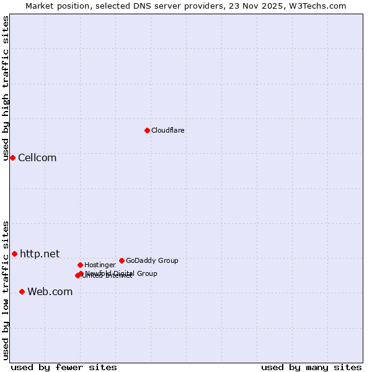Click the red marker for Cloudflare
tap(147, 130)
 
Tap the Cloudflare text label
tap(167, 131)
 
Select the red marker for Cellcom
tap(12, 157)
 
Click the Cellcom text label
tap(37, 158)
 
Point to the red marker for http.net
tap(14, 254)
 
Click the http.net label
tap(40, 254)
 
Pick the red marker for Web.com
tap(22, 291)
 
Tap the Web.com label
tap(50, 292)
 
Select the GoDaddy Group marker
tap(122, 260)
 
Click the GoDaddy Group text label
tap(152, 261)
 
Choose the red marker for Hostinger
tap(80, 265)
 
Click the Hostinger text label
tap(100, 265)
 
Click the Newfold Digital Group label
tap(122, 273)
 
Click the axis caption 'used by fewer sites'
tap(64, 368)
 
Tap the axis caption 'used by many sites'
tap(311, 368)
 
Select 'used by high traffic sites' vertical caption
tap(6, 88)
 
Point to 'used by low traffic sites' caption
tap(6, 290)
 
